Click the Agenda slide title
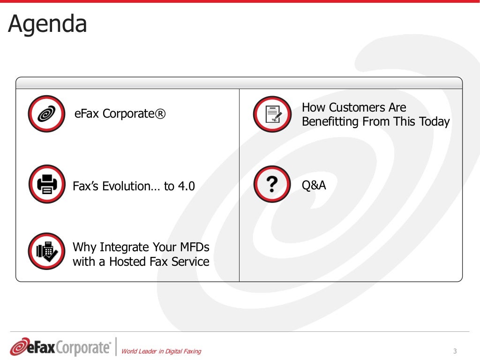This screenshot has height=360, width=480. (48, 24)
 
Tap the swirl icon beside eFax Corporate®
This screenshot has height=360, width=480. (46, 113)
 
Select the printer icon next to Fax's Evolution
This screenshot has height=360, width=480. (46, 184)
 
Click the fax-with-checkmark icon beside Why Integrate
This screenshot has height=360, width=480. (46, 251)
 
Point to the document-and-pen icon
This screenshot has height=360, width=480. (272, 114)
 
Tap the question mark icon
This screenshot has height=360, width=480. (272, 184)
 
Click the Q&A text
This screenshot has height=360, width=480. (314, 186)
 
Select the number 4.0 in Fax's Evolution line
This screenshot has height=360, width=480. (186, 187)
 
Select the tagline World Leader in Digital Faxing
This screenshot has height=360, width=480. (161, 351)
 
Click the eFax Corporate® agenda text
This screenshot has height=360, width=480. (120, 114)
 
